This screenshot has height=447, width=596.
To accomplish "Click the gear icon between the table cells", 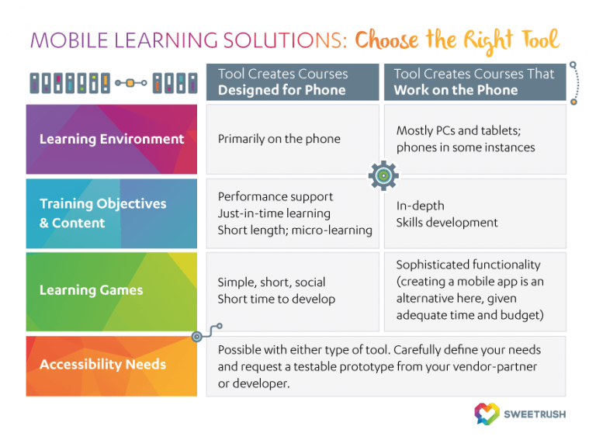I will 383,176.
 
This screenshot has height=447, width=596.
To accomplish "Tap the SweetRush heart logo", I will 487,413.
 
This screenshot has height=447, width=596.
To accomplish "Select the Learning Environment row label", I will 112,140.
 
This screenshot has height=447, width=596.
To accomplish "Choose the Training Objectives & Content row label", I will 103,213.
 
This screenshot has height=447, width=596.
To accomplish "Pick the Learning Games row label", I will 92,290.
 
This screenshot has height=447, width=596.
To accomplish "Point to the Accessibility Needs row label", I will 102,364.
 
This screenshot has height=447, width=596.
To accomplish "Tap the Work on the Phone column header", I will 456,89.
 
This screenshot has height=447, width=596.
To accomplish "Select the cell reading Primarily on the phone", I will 279,139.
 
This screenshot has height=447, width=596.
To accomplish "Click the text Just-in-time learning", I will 274,213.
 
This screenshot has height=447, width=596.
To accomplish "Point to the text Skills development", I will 447,223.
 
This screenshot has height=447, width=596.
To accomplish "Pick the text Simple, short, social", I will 272,282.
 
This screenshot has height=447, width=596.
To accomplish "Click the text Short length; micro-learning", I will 295,230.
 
